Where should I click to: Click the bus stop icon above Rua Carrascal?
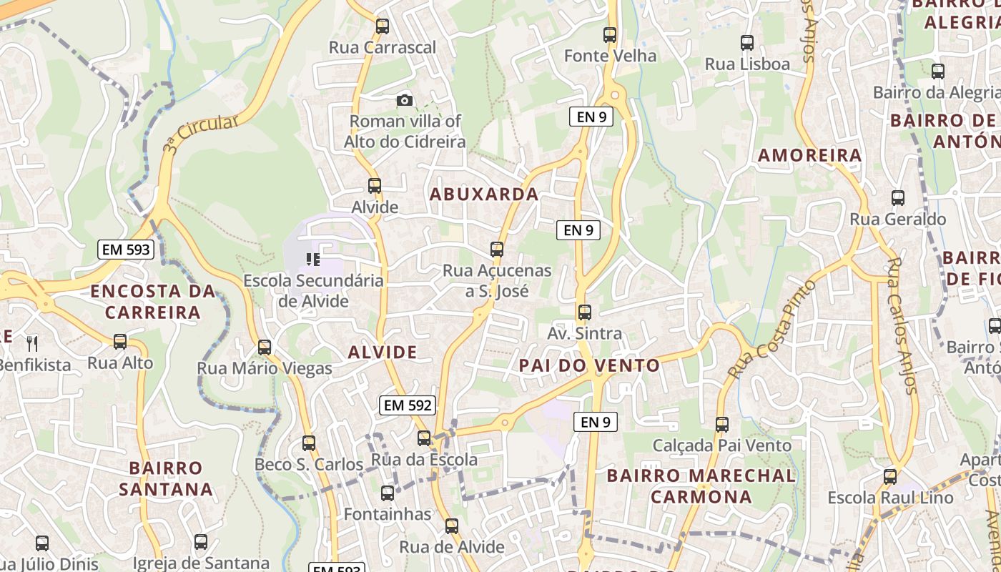point(383,26)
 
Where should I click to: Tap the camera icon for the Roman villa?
point(405,100)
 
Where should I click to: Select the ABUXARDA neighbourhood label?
point(484,194)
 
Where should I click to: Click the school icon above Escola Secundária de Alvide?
point(313,259)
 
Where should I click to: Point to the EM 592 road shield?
point(408,405)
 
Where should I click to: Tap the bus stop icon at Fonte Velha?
point(610,34)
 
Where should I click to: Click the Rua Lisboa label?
point(747,64)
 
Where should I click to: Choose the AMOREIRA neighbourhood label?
point(809,155)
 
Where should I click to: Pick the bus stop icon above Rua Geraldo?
point(898,198)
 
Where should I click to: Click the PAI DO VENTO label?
point(590,365)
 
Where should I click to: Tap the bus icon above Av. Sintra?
point(585,312)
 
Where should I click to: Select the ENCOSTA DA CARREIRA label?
point(153,302)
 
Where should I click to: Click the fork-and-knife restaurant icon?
point(31,344)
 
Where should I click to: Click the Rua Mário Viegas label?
point(265,369)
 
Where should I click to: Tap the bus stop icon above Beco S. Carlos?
point(309,443)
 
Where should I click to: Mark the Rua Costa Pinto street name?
point(772,330)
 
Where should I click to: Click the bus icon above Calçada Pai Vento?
point(722,425)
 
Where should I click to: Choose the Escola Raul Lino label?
point(890,498)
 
